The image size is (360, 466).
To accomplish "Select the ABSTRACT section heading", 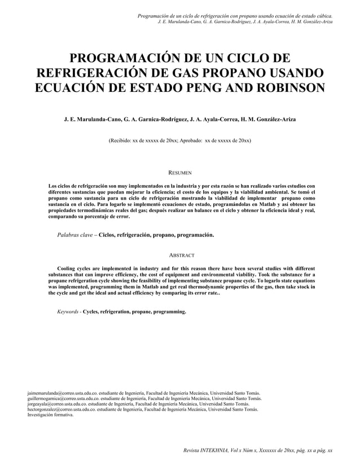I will tap(180, 255).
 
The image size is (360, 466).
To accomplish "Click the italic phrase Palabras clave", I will tap(76, 234).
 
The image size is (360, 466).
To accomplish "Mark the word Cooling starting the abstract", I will tap(69, 269).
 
